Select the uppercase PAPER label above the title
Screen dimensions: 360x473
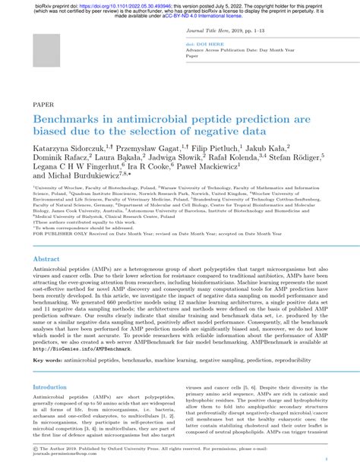[43, 103]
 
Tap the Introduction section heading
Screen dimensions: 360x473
[49, 386]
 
